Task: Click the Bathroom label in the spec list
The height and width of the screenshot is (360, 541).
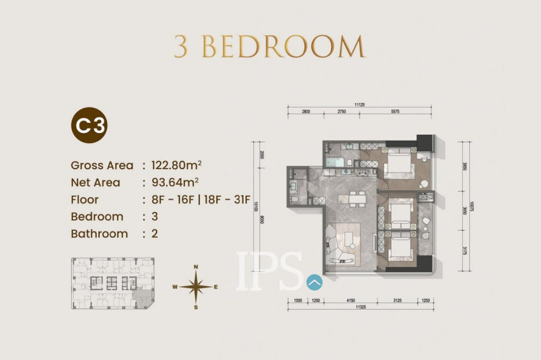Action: click(x=99, y=233)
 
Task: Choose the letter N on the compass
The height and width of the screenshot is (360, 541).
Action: click(x=196, y=267)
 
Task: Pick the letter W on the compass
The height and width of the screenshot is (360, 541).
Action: click(x=174, y=287)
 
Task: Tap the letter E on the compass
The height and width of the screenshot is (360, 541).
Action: click(x=216, y=287)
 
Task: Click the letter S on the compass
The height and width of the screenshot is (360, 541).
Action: click(x=196, y=307)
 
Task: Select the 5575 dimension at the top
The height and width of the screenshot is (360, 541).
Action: click(x=395, y=111)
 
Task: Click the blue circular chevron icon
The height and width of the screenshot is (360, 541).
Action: click(x=314, y=282)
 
